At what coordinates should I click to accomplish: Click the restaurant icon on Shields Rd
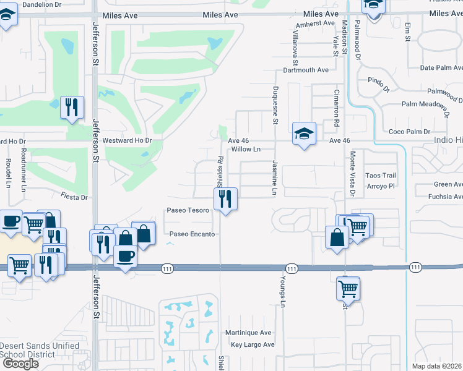[x=225, y=199]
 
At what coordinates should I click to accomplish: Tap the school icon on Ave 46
[x=304, y=134]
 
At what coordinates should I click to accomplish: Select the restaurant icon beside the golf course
[x=72, y=108]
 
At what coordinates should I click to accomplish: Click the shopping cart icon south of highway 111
[x=348, y=288]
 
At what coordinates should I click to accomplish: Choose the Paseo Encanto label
[x=192, y=234]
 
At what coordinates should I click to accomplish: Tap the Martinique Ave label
[x=248, y=332]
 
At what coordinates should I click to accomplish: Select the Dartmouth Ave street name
[x=306, y=70]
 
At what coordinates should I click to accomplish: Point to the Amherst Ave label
[x=315, y=23]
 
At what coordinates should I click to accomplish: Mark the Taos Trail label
[x=380, y=176]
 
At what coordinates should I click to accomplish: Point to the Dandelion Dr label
[x=42, y=4]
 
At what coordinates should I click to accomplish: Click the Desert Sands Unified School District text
[x=40, y=350]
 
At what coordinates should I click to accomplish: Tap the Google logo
[x=20, y=364]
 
